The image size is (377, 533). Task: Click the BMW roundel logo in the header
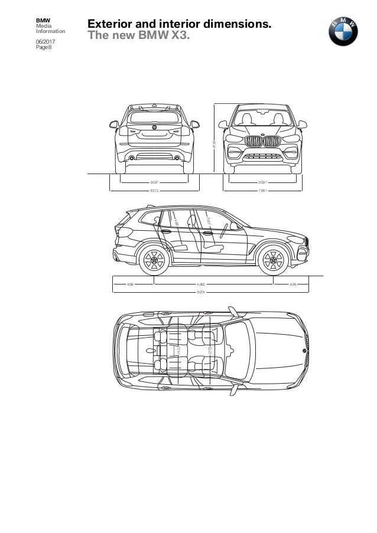[343, 31]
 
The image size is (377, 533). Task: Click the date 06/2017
[44, 42]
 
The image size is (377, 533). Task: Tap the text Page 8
[44, 48]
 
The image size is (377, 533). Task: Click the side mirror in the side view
[232, 225]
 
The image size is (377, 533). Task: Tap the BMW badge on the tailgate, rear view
[154, 127]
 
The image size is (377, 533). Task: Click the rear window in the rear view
[154, 117]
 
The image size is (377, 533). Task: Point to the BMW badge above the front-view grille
[263, 135]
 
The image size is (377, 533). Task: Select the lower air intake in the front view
[263, 157]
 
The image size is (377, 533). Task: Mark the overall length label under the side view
[211, 290]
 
